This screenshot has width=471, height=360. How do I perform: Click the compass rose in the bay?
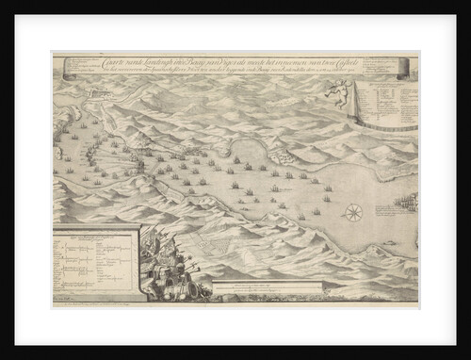(x=354, y=212)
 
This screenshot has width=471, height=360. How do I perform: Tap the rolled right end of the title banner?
(x=404, y=68)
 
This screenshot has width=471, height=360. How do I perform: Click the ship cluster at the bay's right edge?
(x=405, y=201)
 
